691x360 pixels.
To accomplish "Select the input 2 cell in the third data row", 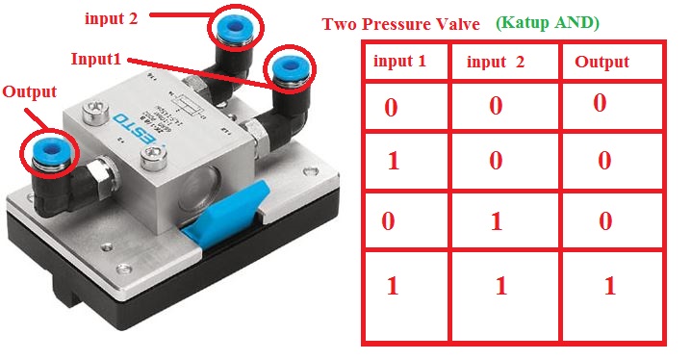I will (496, 221).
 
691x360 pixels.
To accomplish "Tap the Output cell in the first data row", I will (600, 103).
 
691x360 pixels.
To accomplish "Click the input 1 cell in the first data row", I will (391, 106).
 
